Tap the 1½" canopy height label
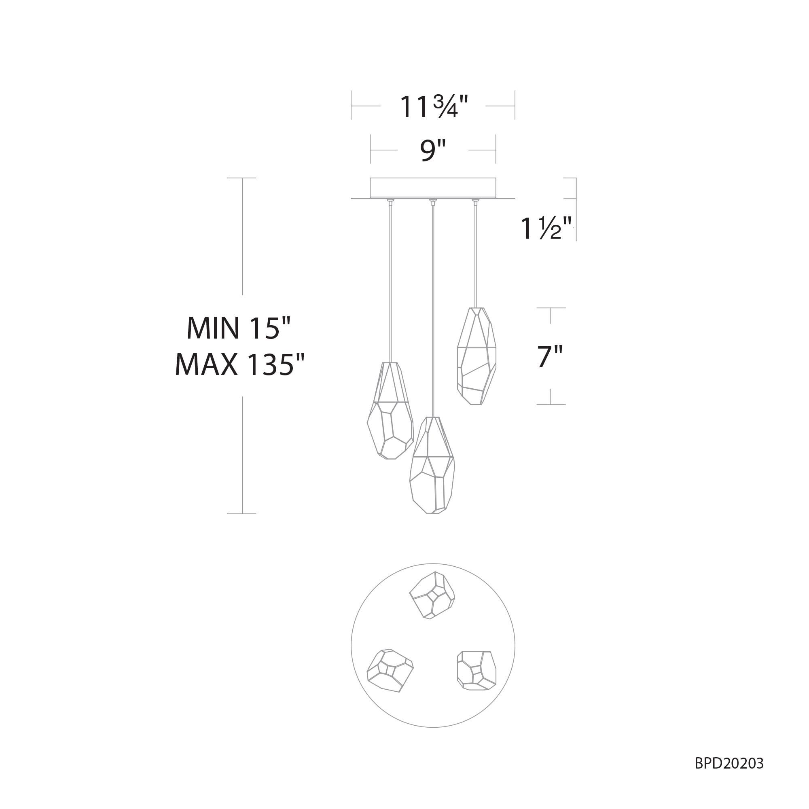point(546,229)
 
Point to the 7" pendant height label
point(550,357)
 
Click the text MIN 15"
point(238,328)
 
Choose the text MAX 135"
point(239,364)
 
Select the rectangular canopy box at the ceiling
point(432,188)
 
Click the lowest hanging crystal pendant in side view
point(432,466)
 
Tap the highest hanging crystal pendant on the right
point(476,356)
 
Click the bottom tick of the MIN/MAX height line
point(241,513)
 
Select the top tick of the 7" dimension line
point(551,308)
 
